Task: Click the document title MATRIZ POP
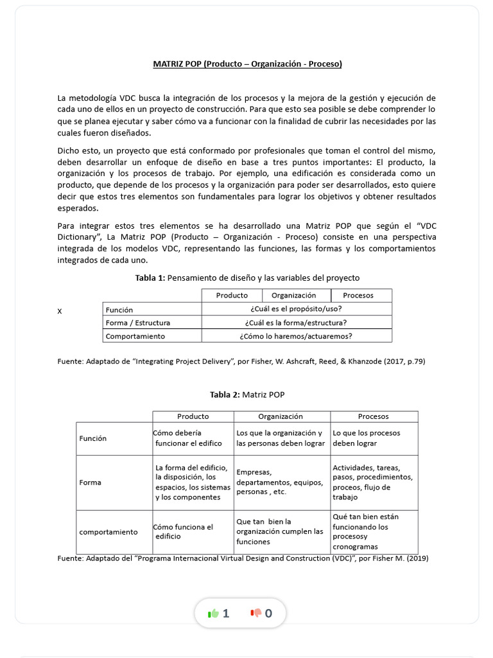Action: coord(247,64)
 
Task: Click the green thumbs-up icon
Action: coord(214,613)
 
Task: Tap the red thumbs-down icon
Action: coord(256,613)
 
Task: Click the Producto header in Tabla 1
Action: coord(232,296)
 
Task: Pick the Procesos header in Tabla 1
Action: coord(358,296)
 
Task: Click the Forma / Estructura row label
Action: coord(138,323)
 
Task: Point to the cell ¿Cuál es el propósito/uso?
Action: coord(296,309)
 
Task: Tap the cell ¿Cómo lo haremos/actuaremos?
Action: coord(296,336)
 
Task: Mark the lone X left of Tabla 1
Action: coord(60,311)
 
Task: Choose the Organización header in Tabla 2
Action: coord(280,416)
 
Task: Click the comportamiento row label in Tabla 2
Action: coord(108,532)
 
